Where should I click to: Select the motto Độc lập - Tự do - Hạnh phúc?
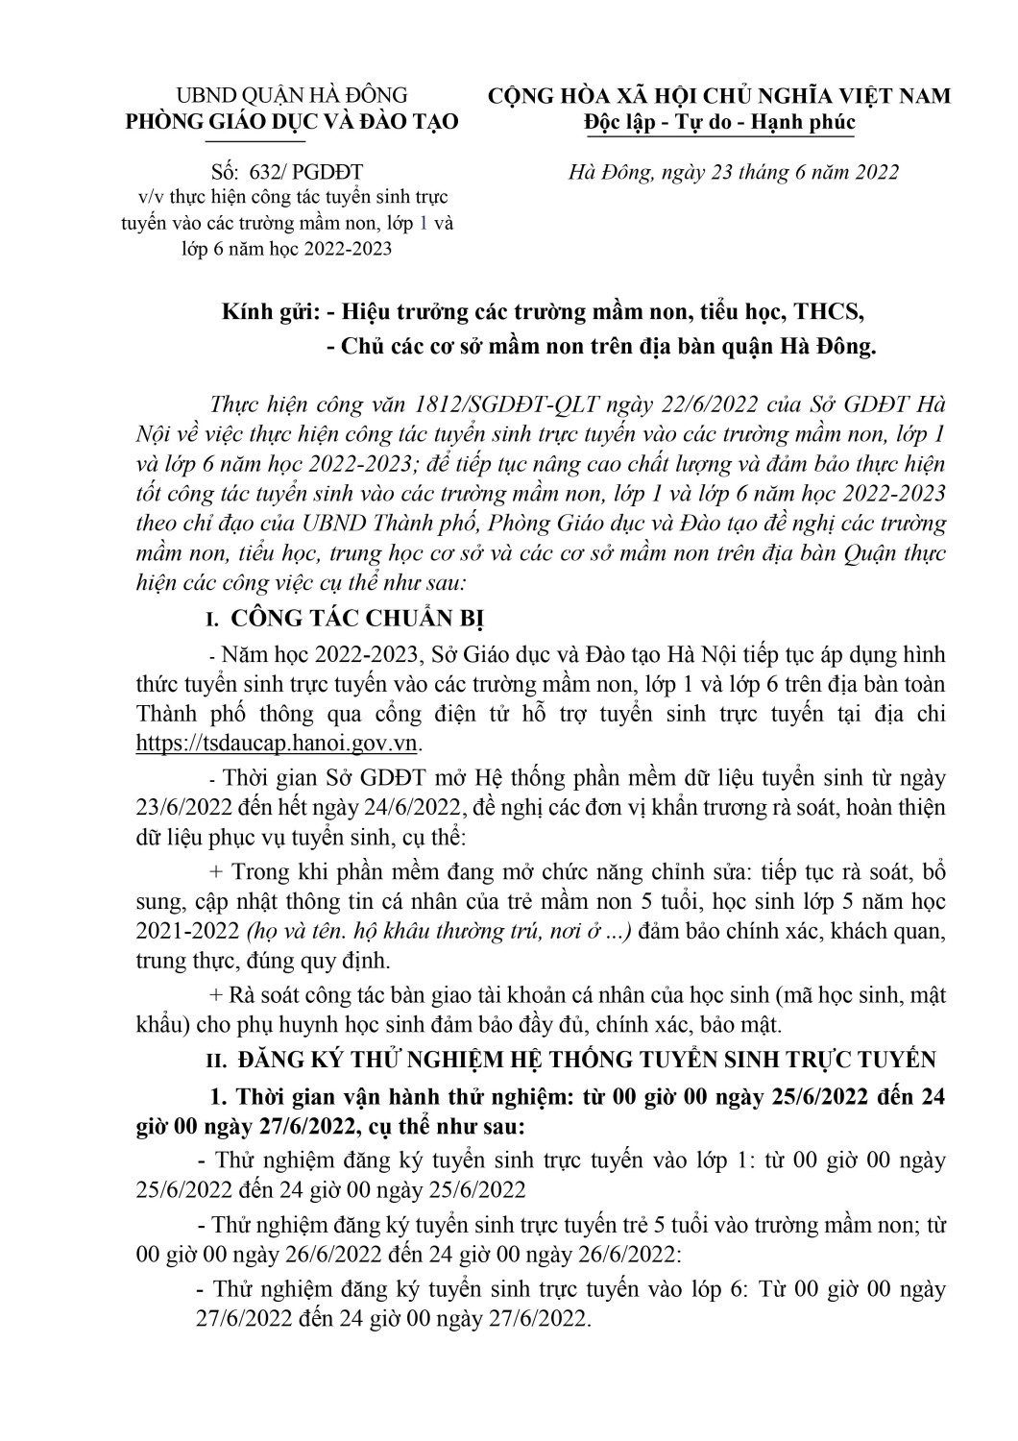tap(719, 123)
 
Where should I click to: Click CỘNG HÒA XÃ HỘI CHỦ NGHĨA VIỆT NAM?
tap(719, 95)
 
